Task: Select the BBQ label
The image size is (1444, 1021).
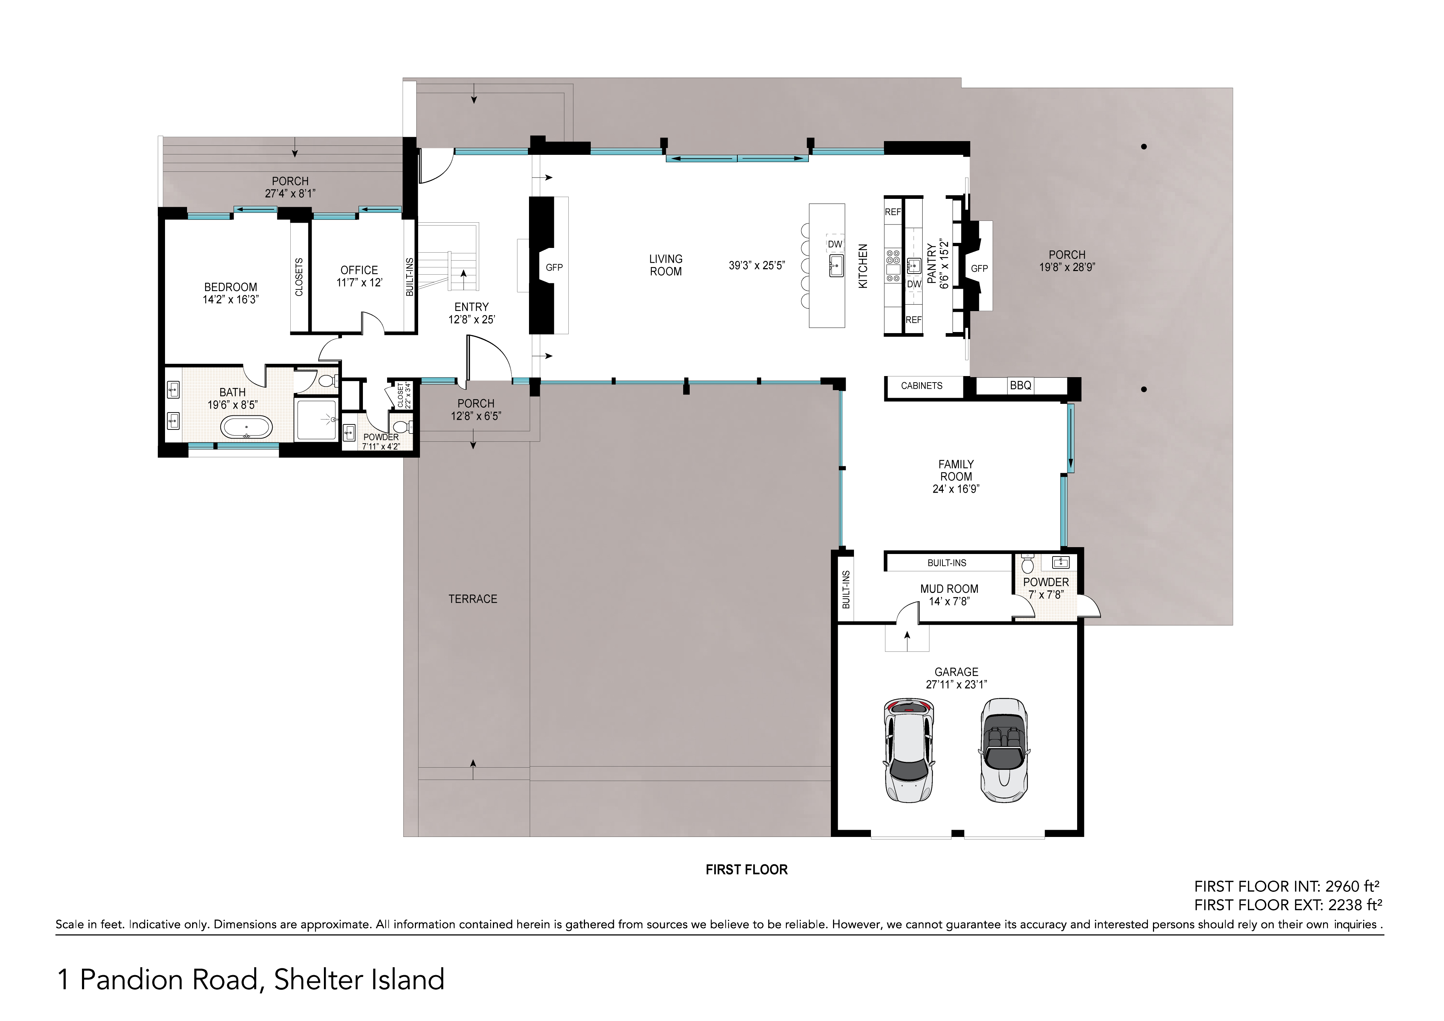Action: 1020,385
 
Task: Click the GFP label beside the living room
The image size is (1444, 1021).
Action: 554,267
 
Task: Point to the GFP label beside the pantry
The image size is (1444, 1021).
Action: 979,269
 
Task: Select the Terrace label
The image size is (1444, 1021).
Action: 473,599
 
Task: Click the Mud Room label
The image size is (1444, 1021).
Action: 949,589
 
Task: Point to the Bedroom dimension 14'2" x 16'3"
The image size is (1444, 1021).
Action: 231,300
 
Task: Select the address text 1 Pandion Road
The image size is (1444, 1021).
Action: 157,979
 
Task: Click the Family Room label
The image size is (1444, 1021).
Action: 956,470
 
